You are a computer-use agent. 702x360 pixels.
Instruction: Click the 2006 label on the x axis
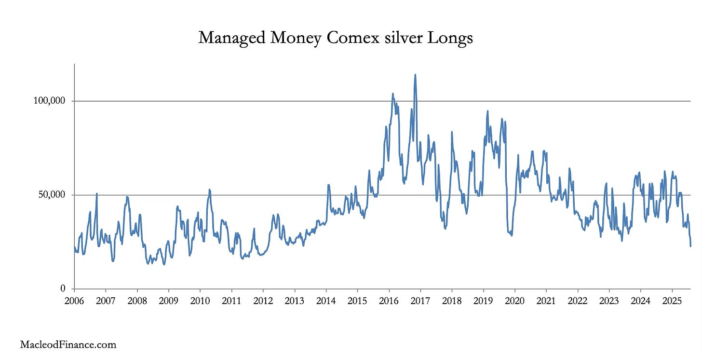tap(74, 301)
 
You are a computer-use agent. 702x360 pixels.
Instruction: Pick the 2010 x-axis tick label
tap(200, 301)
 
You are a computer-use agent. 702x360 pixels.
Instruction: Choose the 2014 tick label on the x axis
tap(326, 301)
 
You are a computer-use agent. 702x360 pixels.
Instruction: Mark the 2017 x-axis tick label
tap(420, 301)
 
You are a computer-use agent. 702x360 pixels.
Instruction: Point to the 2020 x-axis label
tap(514, 301)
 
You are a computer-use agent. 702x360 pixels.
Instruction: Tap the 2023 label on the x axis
tap(609, 301)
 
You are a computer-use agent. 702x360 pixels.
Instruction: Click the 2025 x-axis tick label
tap(672, 301)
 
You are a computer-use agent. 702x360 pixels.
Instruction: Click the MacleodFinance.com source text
tap(68, 345)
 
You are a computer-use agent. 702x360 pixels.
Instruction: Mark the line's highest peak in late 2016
tap(415, 75)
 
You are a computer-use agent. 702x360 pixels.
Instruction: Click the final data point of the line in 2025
tap(690, 246)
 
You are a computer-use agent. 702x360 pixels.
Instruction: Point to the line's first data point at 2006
tap(75, 247)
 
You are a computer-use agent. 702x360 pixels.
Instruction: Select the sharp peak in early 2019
tap(487, 111)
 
